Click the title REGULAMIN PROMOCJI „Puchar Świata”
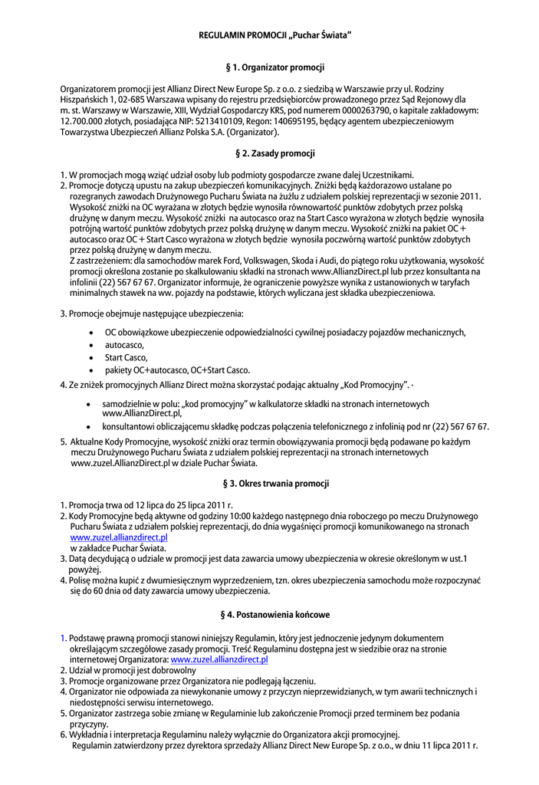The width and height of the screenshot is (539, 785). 275,36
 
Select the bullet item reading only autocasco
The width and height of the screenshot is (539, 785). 124,345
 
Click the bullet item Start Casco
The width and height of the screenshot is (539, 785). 127,357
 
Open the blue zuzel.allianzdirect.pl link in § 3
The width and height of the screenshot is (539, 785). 119,538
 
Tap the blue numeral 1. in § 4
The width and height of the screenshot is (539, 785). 64,638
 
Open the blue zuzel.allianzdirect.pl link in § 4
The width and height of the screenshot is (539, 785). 219,659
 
